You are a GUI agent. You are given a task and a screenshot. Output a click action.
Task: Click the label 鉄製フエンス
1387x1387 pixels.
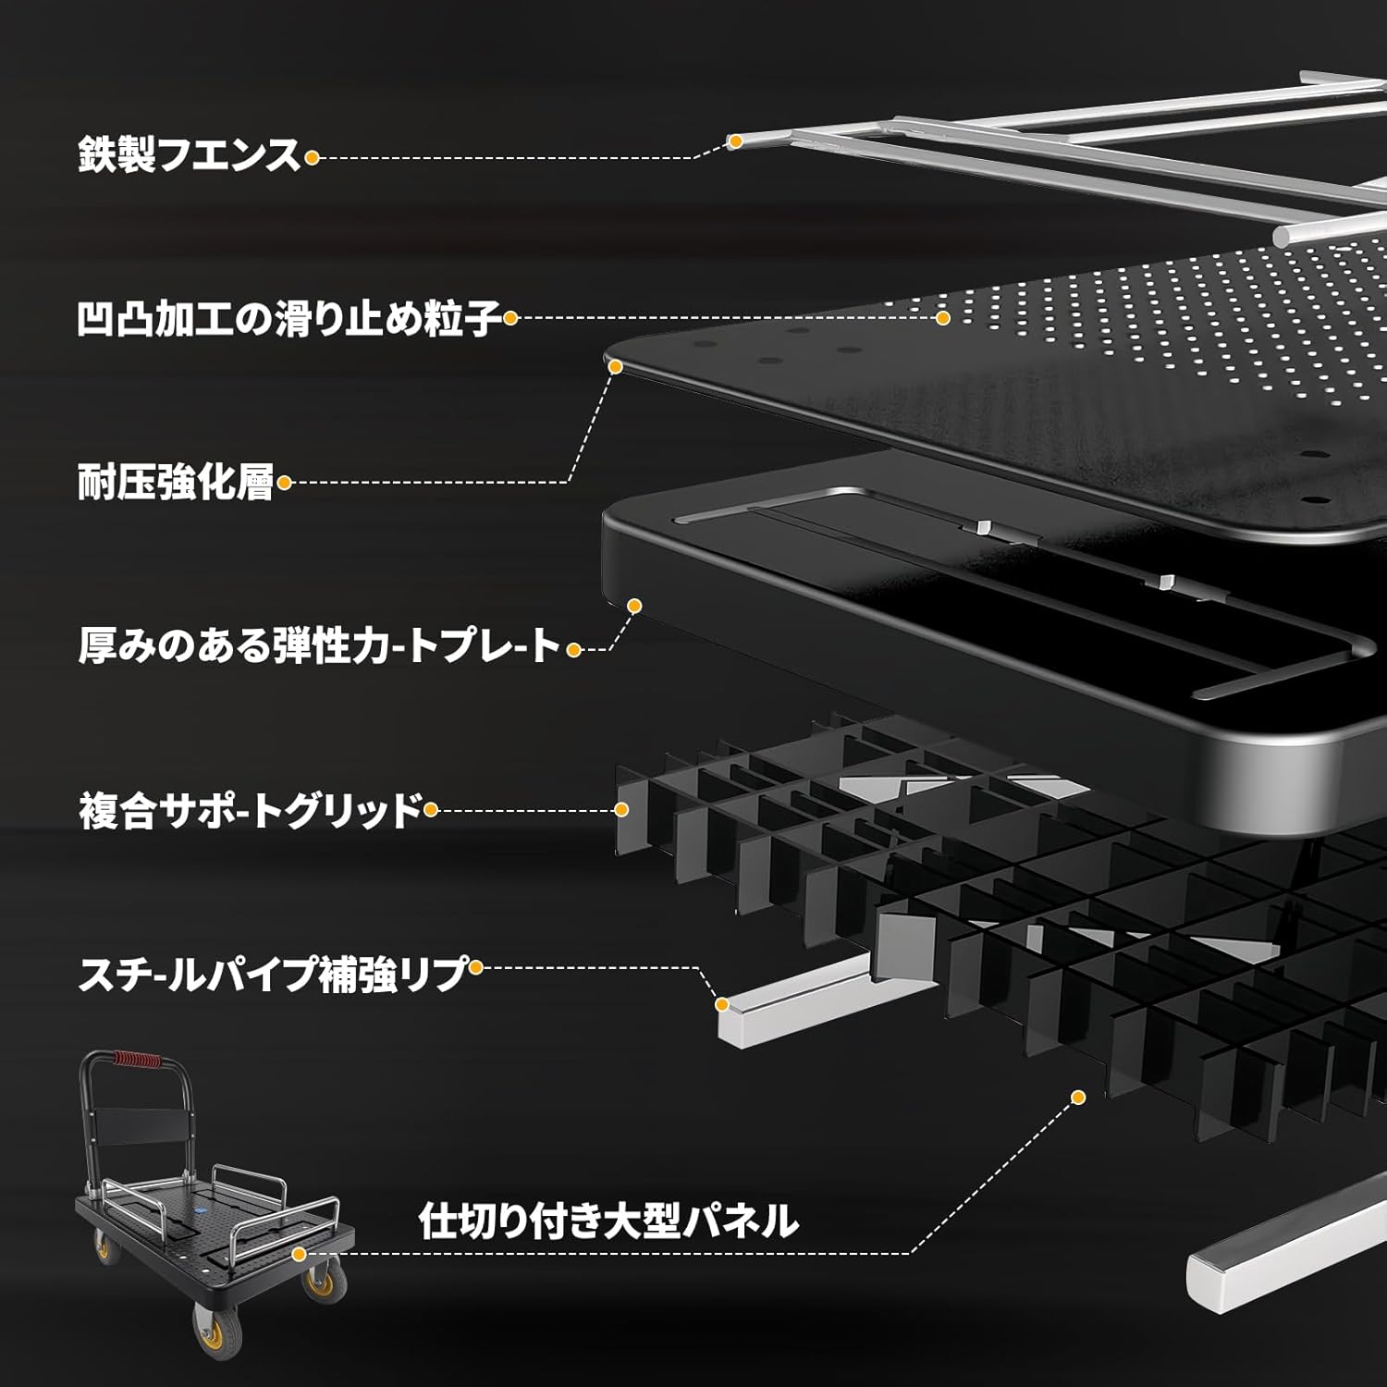click(190, 155)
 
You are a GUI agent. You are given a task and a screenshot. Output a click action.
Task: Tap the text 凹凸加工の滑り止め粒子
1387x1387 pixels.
click(289, 319)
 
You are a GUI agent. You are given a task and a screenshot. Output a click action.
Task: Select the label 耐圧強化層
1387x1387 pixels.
click(176, 483)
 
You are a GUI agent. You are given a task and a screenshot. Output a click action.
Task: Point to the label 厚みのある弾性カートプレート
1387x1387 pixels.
click(320, 646)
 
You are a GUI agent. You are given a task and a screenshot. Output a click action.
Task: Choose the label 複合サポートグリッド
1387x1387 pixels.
click(250, 811)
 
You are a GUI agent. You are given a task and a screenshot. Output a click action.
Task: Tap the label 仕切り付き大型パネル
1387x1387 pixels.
click(608, 1221)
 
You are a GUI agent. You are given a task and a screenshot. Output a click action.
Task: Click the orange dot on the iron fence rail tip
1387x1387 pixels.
click(735, 141)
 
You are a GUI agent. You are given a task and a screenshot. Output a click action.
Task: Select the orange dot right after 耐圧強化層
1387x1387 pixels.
click(284, 482)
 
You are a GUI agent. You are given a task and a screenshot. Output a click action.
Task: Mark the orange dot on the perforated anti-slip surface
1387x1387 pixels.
click(942, 318)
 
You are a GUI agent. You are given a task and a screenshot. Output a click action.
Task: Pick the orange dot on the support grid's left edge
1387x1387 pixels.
click(621, 810)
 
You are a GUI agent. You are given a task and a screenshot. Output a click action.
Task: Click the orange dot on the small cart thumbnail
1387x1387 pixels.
click(298, 1254)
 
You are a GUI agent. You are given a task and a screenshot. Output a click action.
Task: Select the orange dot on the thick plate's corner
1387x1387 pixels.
click(634, 606)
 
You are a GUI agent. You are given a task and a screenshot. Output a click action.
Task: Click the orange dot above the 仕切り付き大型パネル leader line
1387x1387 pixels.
click(1077, 1098)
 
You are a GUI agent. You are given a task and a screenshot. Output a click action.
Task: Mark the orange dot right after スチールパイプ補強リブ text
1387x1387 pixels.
click(475, 968)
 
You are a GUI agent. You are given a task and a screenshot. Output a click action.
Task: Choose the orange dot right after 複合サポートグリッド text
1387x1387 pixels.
click(430, 810)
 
